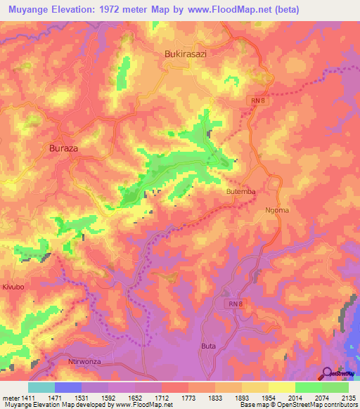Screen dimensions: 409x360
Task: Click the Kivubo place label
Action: click(x=13, y=287)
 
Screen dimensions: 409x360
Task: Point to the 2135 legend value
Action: click(x=349, y=398)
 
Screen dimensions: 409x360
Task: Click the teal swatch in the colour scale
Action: click(x=41, y=387)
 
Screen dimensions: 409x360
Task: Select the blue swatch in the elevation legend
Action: click(x=67, y=387)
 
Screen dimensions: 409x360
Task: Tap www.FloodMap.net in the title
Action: click(x=237, y=10)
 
